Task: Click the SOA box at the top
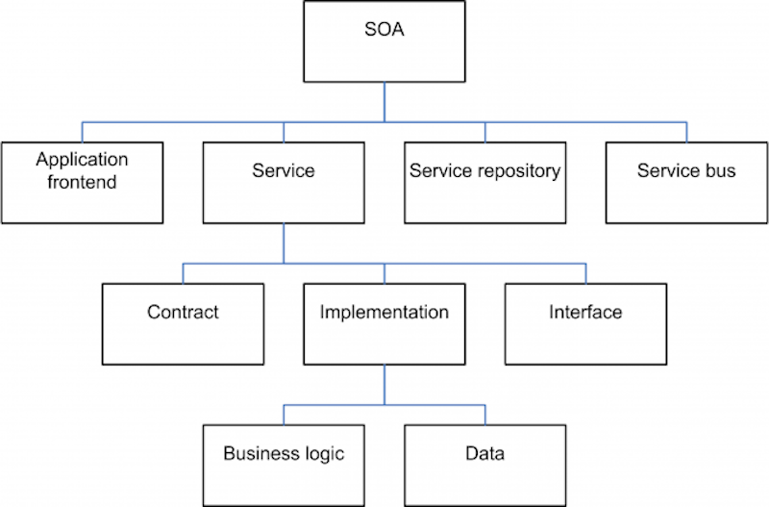384,41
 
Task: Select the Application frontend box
82,183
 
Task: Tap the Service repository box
485,183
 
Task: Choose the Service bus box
686,183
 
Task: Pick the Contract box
183,324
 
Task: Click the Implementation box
384,324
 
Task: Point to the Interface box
585,324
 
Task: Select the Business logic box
284,466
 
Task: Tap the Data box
485,466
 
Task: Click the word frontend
82,182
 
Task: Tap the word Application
82,160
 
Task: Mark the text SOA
384,30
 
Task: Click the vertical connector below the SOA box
384,102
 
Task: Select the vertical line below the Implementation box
384,385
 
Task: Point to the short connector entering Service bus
686,132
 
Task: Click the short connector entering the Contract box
183,273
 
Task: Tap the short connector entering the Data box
485,415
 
